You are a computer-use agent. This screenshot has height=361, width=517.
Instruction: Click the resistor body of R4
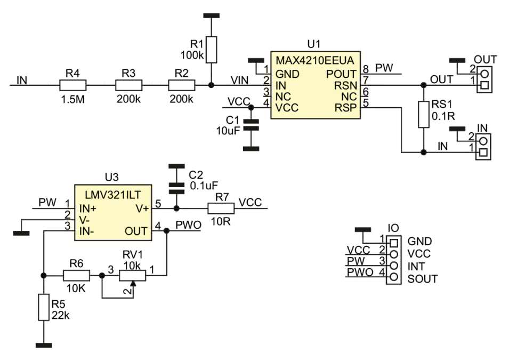click(72, 85)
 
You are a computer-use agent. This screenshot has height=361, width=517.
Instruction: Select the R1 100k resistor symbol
click(212, 50)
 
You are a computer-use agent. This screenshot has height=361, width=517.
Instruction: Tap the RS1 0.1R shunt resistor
click(423, 114)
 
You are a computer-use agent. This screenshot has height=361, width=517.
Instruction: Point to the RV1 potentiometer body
click(132, 276)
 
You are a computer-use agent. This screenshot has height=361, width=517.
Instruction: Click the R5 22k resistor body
click(44, 307)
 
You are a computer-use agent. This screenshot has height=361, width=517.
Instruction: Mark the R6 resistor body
click(77, 276)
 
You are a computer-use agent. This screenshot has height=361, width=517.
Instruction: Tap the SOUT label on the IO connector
click(422, 278)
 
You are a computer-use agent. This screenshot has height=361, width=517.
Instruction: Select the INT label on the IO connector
click(417, 266)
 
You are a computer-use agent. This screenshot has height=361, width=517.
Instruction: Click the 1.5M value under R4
click(72, 100)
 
